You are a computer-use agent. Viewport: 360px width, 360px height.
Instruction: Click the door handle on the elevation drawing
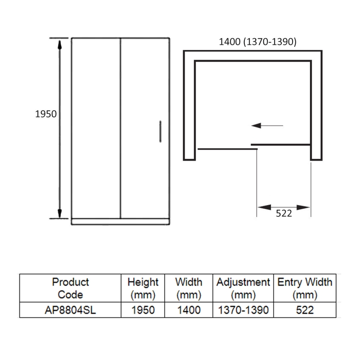pos(160,131)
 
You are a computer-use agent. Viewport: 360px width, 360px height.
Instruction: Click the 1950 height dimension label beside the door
pos(46,114)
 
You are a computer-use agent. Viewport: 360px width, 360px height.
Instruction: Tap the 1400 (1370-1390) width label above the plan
pos(257,42)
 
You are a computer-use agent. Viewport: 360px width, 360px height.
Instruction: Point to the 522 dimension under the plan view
pos(284,213)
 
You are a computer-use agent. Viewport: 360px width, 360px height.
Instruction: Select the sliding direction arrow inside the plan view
pos(267,126)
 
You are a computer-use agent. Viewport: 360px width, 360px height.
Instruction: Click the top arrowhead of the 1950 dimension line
pos(59,45)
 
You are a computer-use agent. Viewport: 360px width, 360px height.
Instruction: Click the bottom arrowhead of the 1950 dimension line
pos(59,213)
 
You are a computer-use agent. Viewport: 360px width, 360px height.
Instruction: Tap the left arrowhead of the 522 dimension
pos(264,207)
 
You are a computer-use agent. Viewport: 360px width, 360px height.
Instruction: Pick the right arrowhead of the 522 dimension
pos(303,207)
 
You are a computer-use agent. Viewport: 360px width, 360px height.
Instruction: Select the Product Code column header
pos(71,288)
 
